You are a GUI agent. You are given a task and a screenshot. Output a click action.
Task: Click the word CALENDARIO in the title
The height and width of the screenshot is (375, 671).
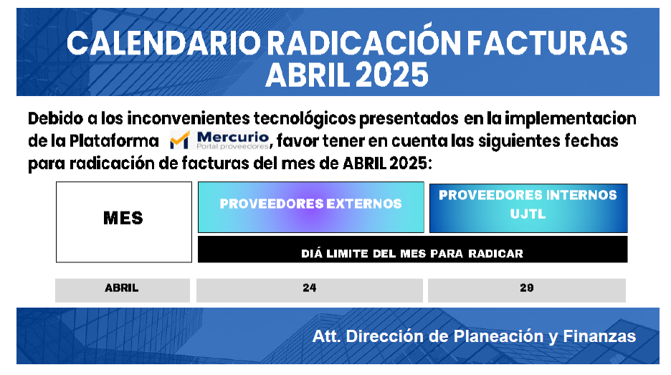[x=163, y=43]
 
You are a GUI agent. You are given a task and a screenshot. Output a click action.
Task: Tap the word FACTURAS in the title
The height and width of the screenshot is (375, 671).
[x=547, y=43]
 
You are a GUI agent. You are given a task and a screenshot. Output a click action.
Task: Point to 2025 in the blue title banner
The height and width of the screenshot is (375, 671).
[x=391, y=75]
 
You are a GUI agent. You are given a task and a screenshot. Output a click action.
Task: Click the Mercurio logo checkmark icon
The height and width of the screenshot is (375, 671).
[x=180, y=141]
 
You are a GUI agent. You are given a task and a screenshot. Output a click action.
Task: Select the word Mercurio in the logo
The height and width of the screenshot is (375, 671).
[x=233, y=137]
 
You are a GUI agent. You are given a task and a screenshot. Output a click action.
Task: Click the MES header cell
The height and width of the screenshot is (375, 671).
[x=124, y=222]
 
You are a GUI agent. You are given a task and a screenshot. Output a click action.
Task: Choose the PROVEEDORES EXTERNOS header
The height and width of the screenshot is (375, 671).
[x=311, y=207]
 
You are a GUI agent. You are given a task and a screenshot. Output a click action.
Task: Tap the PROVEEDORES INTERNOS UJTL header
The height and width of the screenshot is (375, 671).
[x=528, y=208]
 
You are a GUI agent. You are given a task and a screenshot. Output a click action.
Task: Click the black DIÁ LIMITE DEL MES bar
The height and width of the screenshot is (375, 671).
[x=412, y=249]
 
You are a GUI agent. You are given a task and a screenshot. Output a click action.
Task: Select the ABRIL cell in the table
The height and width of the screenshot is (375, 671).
[x=123, y=290]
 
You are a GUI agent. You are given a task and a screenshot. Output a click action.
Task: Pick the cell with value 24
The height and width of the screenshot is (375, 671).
[x=310, y=290]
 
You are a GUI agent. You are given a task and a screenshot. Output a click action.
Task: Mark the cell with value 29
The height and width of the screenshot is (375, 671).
[x=527, y=290]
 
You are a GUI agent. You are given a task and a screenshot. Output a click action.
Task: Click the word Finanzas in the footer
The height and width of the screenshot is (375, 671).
[x=599, y=336]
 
